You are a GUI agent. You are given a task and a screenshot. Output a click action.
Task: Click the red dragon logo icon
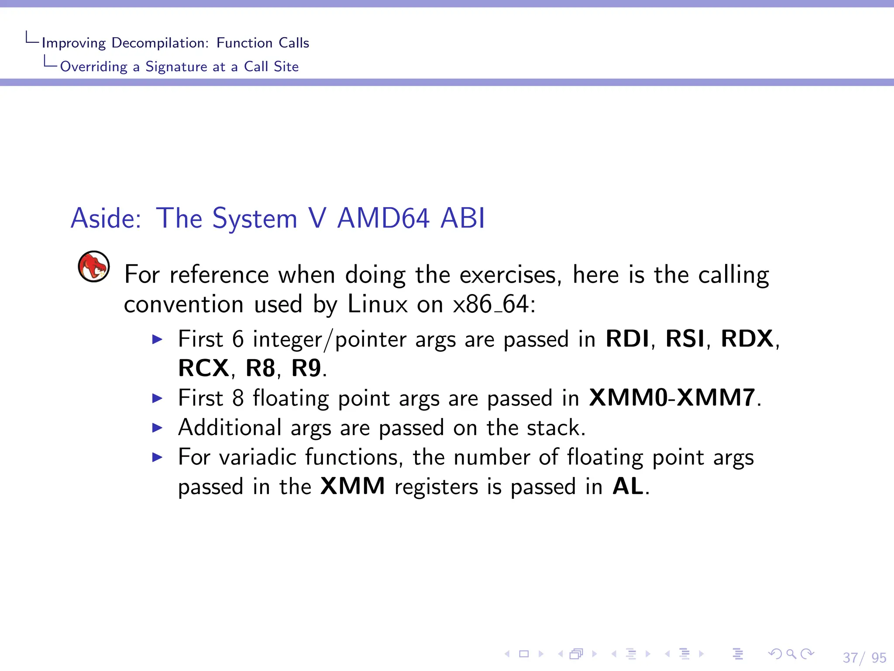click(x=93, y=266)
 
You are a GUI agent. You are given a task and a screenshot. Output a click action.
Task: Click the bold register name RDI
click(x=627, y=339)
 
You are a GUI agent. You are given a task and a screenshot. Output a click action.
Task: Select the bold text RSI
click(x=685, y=339)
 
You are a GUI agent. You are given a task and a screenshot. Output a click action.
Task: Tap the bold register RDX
click(x=747, y=339)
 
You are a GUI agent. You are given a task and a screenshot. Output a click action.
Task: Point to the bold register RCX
click(x=203, y=368)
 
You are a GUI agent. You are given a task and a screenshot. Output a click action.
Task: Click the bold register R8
click(x=260, y=368)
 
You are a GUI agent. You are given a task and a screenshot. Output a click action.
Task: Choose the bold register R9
click(x=306, y=368)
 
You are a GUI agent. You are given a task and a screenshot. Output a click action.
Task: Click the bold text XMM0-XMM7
click(x=672, y=398)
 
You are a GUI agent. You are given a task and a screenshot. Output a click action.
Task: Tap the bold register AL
click(x=628, y=486)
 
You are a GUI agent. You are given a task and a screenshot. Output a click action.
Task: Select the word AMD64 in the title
click(x=383, y=218)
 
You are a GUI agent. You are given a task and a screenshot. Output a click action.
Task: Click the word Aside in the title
click(x=105, y=218)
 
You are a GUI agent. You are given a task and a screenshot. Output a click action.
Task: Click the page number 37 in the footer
click(x=850, y=657)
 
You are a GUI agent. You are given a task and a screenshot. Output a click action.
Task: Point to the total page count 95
click(x=878, y=657)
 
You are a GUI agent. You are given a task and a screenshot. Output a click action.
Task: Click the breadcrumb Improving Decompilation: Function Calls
click(x=175, y=43)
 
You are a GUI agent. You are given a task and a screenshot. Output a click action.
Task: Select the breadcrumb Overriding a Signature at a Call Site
click(x=179, y=66)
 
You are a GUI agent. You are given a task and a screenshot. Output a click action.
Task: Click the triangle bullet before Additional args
click(x=157, y=428)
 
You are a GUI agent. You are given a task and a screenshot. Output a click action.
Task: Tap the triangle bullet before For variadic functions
click(x=157, y=457)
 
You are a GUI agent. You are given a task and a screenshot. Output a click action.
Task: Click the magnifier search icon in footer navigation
click(x=791, y=654)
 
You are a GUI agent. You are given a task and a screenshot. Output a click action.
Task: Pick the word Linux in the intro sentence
click(x=378, y=304)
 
